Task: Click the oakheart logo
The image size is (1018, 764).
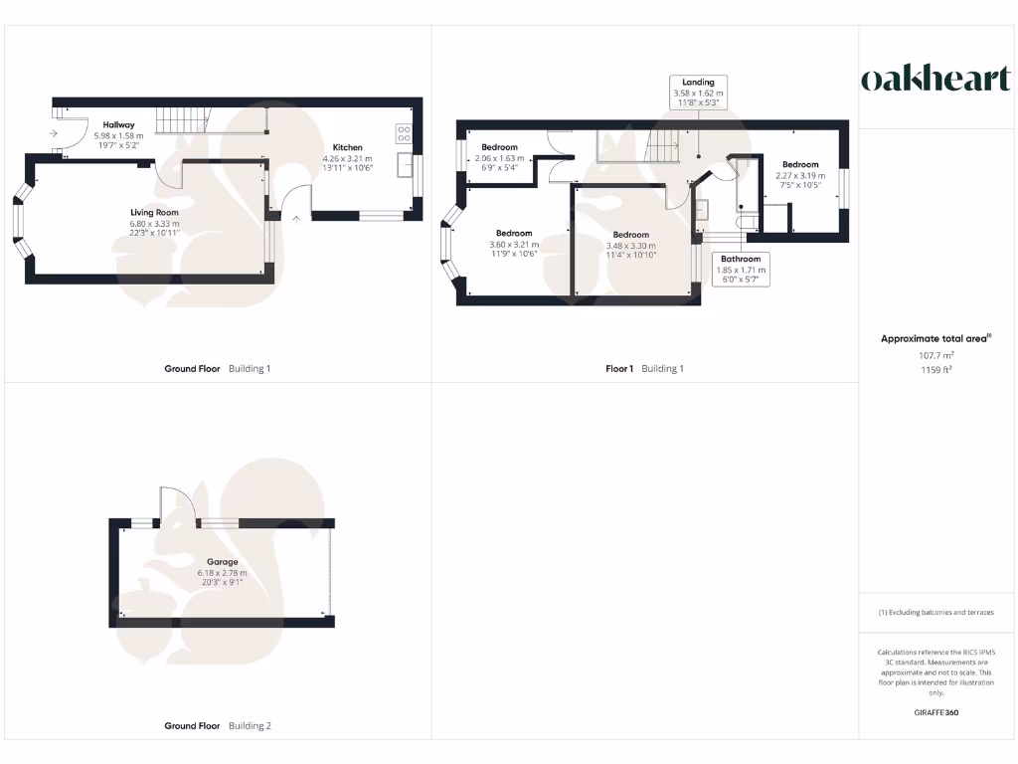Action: tap(934, 80)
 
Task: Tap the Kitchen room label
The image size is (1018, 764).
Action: tap(347, 147)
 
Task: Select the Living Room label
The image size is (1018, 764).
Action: tap(154, 212)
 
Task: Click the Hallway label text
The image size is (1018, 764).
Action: tap(118, 124)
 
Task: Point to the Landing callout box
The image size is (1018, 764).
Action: tap(698, 92)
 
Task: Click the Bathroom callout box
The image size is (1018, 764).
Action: tap(740, 269)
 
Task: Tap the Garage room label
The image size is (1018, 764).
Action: tap(222, 562)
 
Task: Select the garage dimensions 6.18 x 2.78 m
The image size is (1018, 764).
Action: tap(222, 573)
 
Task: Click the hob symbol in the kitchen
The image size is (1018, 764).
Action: tap(405, 132)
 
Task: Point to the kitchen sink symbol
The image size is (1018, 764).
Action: tap(406, 164)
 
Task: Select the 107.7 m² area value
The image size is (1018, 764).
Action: tap(934, 354)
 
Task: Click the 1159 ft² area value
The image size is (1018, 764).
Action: tap(934, 369)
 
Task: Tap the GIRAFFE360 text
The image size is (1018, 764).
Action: tap(934, 712)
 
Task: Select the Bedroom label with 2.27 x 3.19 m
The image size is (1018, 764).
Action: tap(799, 165)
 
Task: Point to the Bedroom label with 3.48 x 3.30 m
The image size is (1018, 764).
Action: tap(630, 235)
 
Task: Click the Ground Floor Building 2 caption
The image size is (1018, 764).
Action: tap(217, 726)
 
